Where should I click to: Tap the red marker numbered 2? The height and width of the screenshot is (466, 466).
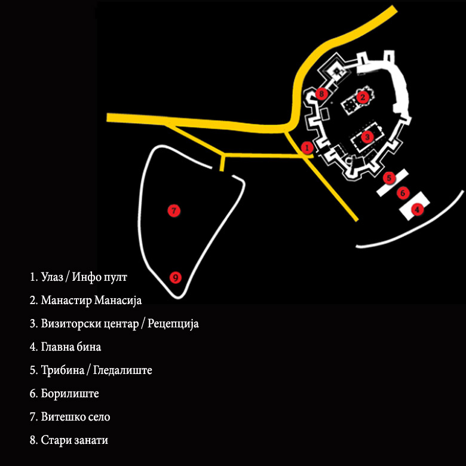pos(361,96)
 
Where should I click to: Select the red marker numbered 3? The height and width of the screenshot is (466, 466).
pos(367,136)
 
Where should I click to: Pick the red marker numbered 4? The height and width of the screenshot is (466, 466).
pos(418,209)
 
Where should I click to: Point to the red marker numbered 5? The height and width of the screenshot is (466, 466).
pos(389,177)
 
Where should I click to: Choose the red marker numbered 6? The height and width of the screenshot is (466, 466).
pos(403,193)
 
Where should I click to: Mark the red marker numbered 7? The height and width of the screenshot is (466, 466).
pos(174,210)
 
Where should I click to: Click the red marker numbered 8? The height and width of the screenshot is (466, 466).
pos(322,93)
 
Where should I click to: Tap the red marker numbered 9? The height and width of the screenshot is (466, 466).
pos(175,277)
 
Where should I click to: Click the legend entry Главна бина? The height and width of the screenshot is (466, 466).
pos(71,347)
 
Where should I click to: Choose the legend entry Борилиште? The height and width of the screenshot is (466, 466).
pos(70,394)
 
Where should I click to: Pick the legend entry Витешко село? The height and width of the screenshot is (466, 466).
pos(75,417)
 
